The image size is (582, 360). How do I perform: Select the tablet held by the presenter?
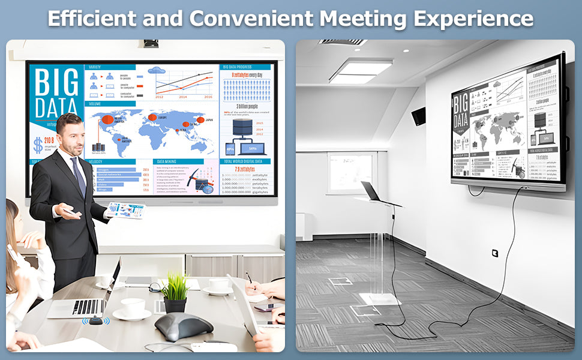pyautogui.click(x=126, y=210)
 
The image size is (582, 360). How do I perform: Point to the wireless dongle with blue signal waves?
pyautogui.click(x=95, y=320)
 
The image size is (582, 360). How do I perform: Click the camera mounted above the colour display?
pyautogui.click(x=150, y=43)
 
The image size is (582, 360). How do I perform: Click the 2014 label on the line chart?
pyautogui.click(x=183, y=97)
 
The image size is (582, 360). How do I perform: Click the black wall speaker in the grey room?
pyautogui.click(x=419, y=115)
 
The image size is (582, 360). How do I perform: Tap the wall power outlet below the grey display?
pyautogui.click(x=494, y=253)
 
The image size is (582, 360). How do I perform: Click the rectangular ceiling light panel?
pyautogui.click(x=360, y=71)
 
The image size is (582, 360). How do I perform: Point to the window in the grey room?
pyautogui.click(x=350, y=173)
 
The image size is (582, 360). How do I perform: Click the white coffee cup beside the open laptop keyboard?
pyautogui.click(x=133, y=308)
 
